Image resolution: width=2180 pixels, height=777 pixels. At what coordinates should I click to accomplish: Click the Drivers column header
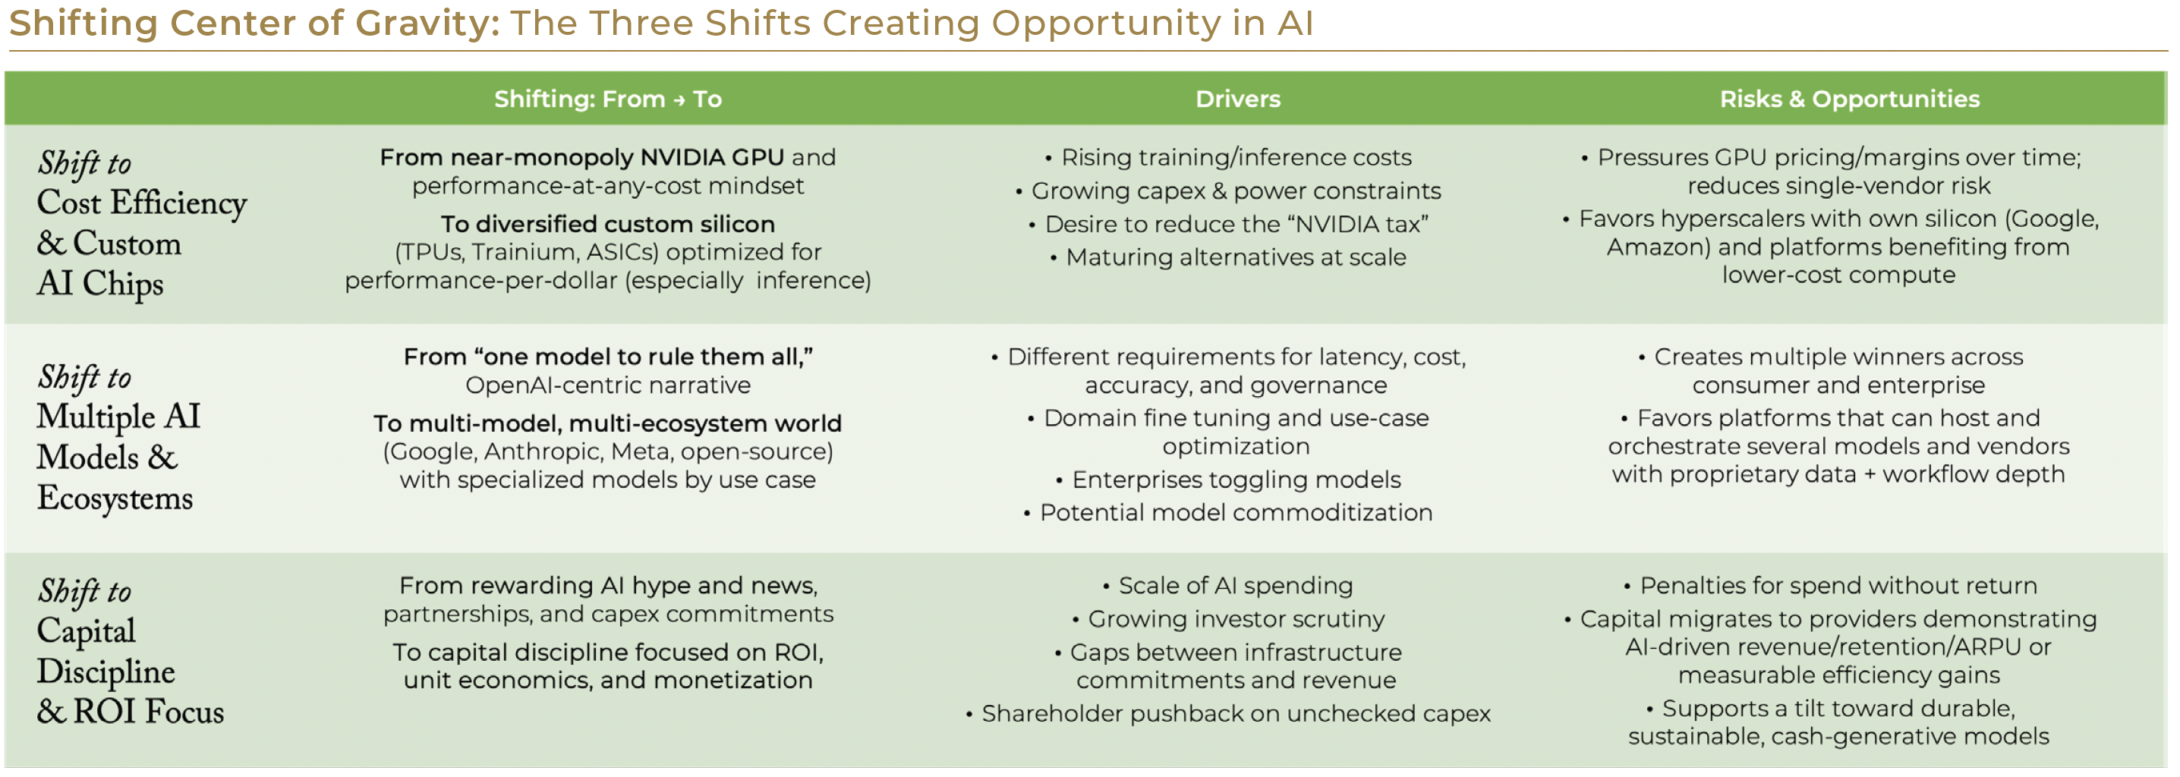(x=1237, y=99)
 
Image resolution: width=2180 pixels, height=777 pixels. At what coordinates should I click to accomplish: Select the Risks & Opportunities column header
(x=1849, y=99)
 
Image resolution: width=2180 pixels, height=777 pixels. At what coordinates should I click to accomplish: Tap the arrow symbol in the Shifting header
(x=679, y=100)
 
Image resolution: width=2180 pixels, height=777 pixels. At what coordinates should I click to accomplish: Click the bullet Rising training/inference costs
(x=1236, y=157)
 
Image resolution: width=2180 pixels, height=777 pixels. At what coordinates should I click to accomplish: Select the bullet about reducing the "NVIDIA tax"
(x=1236, y=225)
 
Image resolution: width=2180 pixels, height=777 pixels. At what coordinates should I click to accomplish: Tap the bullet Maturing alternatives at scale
(x=1236, y=257)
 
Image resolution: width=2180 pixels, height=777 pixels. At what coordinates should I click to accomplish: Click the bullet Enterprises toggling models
(x=1236, y=480)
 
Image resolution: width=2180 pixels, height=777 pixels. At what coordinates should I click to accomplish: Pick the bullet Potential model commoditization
(x=1236, y=513)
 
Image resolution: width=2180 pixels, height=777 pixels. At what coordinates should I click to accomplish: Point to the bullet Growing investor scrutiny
(x=1236, y=620)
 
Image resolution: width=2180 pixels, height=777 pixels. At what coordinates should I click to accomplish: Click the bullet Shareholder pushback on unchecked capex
(x=1236, y=714)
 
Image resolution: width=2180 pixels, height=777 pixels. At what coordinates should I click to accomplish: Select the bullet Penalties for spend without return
(x=1838, y=586)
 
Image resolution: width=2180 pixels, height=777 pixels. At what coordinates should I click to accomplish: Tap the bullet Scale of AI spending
(x=1236, y=586)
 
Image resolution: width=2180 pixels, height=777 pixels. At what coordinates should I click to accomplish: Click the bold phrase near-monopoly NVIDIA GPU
(x=617, y=157)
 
